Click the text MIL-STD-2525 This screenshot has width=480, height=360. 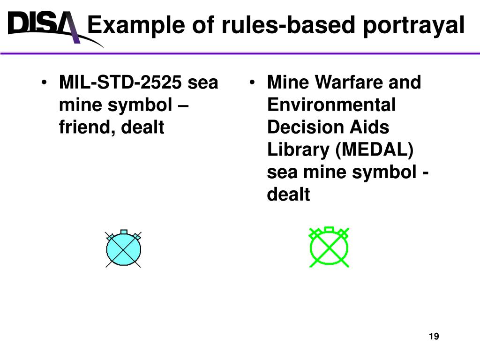120,83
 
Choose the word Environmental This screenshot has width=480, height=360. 331,105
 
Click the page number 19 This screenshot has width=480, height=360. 434,336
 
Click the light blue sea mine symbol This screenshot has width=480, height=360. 124,250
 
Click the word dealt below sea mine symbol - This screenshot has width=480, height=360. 288,194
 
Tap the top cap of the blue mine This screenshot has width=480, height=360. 124,232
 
